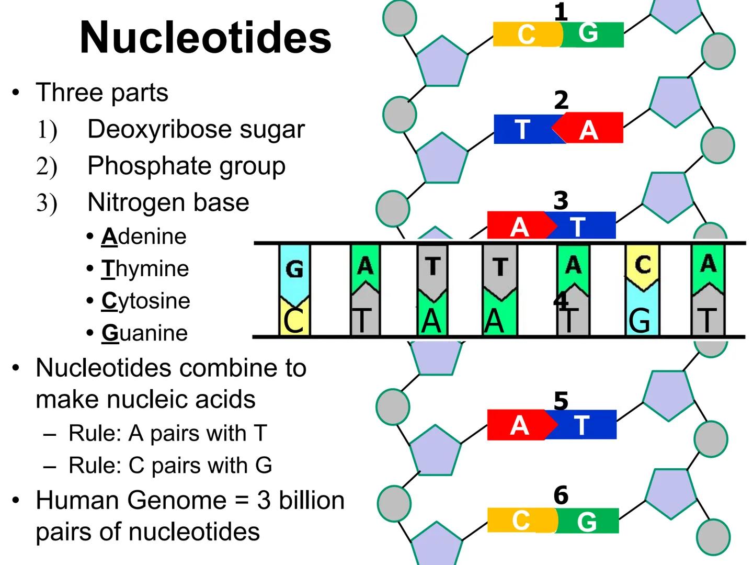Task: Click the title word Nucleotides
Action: (206, 38)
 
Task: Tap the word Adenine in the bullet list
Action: (144, 236)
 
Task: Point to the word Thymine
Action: (145, 269)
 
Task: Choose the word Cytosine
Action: (146, 301)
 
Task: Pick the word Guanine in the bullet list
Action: (145, 333)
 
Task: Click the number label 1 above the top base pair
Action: (561, 12)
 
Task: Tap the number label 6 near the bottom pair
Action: (561, 495)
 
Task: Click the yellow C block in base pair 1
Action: (526, 35)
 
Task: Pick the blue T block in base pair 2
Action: (522, 129)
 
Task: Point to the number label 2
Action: (561, 100)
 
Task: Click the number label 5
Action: (561, 401)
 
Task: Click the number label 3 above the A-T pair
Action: (561, 200)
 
